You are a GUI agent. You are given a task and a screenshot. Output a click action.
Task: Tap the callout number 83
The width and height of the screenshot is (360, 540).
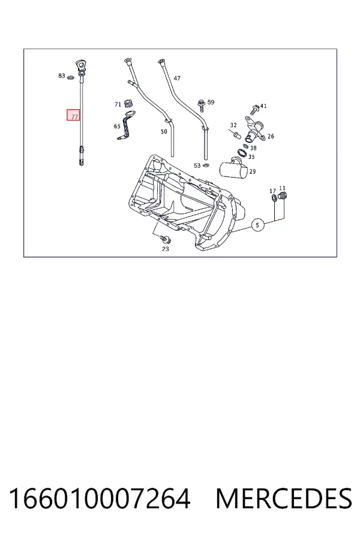[62, 76]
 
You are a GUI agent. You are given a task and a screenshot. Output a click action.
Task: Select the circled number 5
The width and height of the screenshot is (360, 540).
[257, 225]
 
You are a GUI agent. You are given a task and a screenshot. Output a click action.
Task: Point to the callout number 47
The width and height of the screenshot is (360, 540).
[177, 78]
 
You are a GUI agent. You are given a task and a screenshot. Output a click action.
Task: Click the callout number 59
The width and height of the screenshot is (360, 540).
[211, 102]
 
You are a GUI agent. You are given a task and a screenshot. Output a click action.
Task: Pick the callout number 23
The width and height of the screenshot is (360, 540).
[166, 248]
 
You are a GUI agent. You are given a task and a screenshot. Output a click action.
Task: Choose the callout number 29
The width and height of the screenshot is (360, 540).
[253, 171]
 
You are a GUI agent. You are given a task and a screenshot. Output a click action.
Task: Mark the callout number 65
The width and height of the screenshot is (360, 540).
[117, 126]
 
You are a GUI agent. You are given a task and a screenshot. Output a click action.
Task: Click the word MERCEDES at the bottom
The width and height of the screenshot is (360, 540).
[284, 499]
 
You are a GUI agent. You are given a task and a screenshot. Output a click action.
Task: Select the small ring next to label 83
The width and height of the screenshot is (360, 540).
[71, 78]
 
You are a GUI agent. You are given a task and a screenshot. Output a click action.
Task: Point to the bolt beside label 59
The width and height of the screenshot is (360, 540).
[201, 104]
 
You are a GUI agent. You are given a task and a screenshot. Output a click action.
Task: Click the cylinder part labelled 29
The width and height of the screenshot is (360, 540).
[233, 169]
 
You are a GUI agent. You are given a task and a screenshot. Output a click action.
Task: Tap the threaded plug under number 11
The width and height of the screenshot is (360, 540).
[283, 197]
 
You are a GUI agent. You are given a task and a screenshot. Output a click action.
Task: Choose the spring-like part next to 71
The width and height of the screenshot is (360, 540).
[128, 103]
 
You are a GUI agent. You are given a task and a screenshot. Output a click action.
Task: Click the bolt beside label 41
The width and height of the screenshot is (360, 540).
[255, 109]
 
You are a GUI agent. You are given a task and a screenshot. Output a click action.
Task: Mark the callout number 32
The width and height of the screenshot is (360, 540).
[233, 125]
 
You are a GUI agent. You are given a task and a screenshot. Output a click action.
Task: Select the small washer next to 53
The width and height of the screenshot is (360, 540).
[206, 166]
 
